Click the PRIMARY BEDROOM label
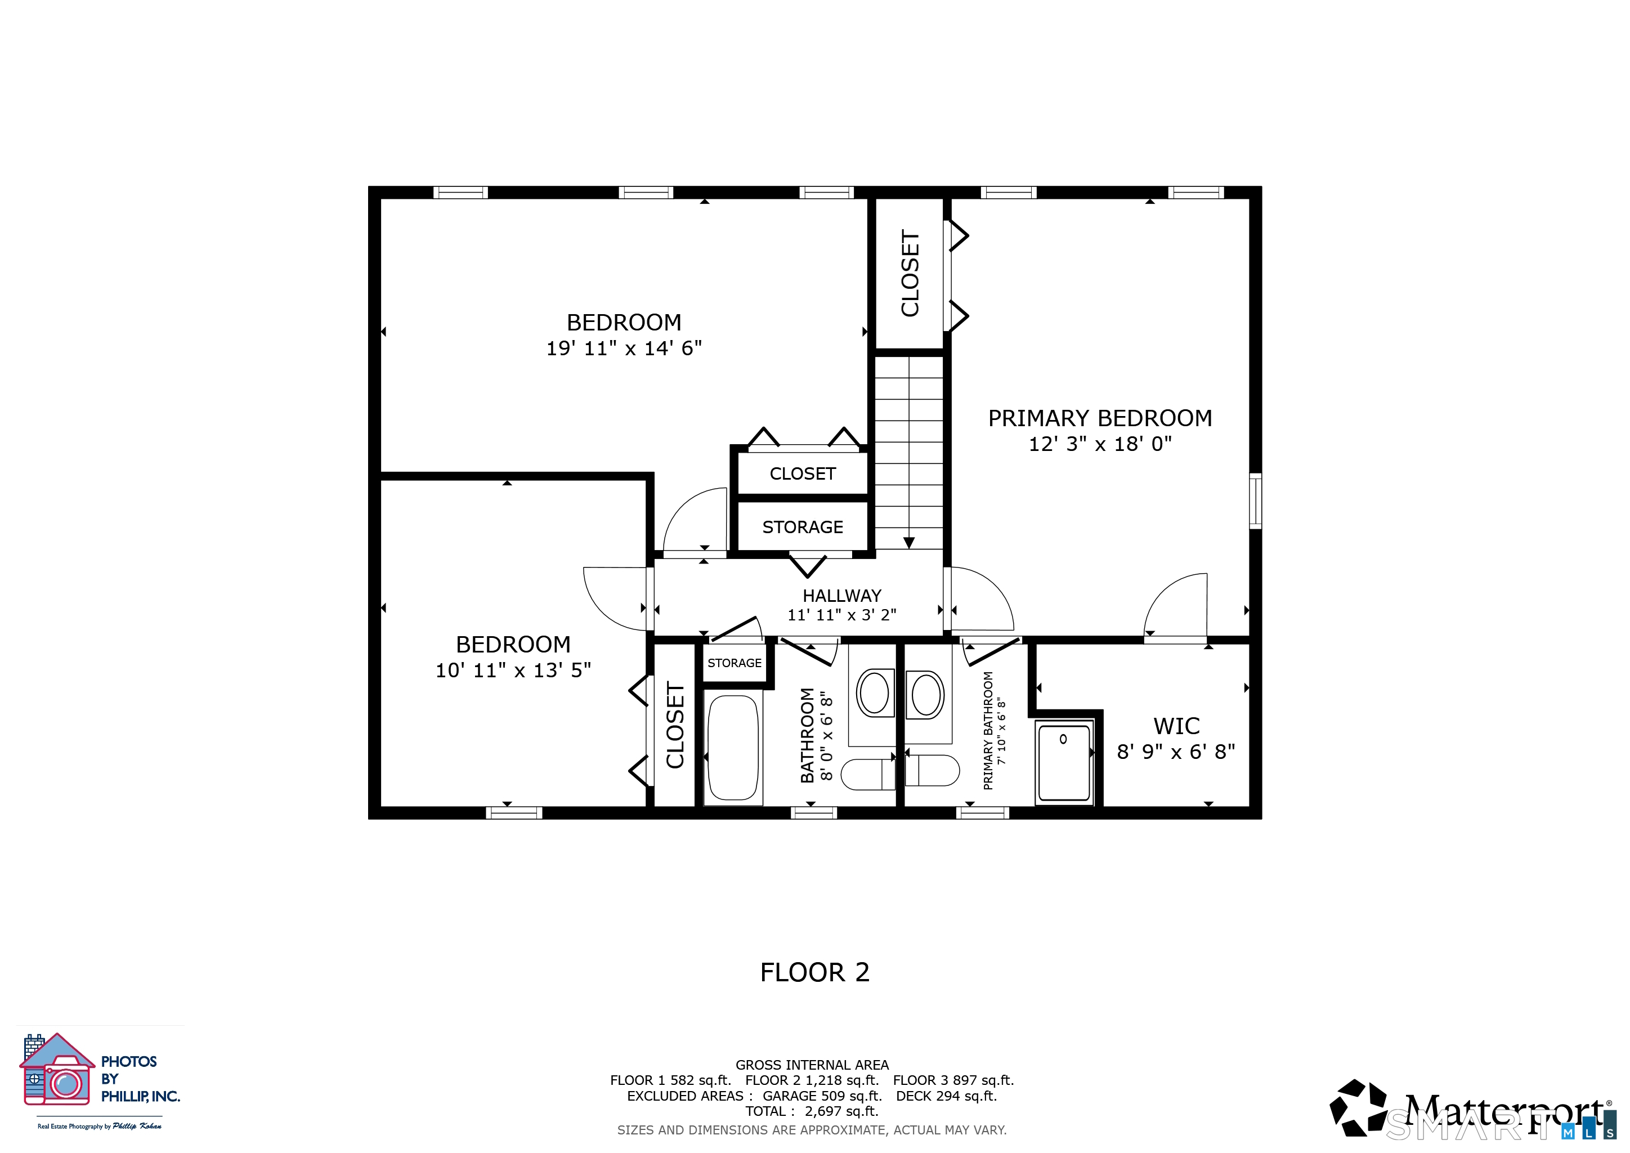click(x=1100, y=418)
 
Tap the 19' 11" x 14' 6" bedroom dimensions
click(x=624, y=348)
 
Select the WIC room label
click(x=1176, y=726)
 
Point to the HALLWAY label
click(x=842, y=596)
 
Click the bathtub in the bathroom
click(x=733, y=748)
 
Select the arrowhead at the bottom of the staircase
click(x=908, y=543)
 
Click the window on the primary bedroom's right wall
click(x=1255, y=500)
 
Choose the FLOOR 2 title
click(x=815, y=972)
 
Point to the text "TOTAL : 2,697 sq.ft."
click(x=812, y=1111)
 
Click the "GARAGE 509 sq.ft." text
click(x=822, y=1096)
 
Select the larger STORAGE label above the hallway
click(x=803, y=527)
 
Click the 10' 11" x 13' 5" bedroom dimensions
click(x=513, y=670)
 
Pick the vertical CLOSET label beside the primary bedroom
click(x=910, y=274)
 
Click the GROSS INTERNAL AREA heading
click(x=812, y=1065)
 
